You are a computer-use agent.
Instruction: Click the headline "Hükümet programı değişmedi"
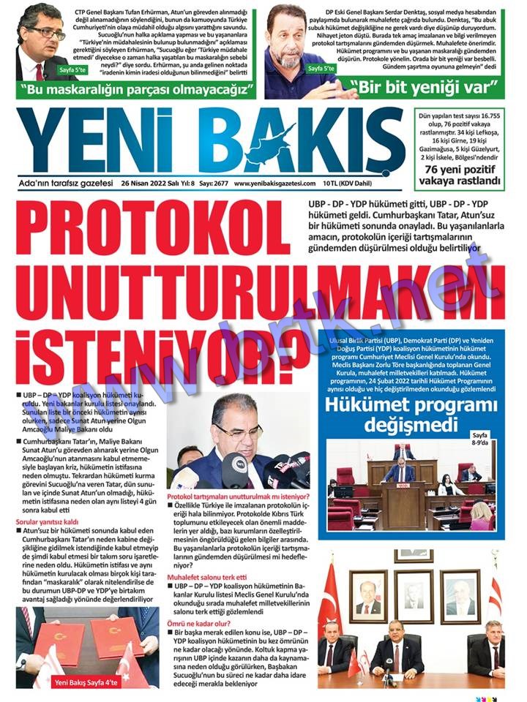pyautogui.click(x=411, y=415)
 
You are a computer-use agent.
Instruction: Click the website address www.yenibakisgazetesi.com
pyautogui.click(x=274, y=184)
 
